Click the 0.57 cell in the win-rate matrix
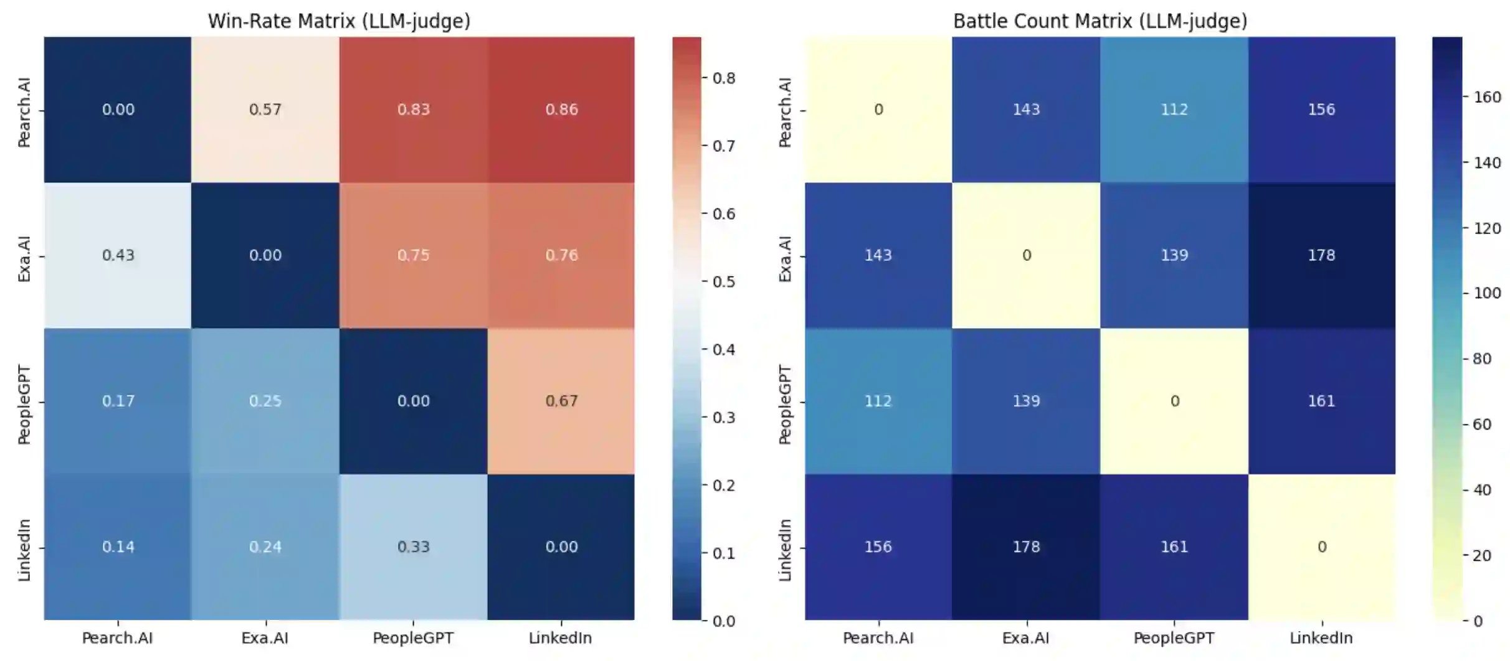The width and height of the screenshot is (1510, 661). (x=265, y=110)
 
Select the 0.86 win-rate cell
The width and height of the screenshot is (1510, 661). (x=561, y=110)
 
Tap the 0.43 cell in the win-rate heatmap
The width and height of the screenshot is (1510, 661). (x=118, y=255)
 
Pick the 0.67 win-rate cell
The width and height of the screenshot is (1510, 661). (x=561, y=401)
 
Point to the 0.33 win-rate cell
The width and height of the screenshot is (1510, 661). (x=413, y=546)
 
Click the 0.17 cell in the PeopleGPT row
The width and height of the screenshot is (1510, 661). (x=118, y=401)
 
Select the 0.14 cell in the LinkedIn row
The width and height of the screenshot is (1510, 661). (x=118, y=546)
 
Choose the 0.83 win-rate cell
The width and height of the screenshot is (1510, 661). (x=413, y=110)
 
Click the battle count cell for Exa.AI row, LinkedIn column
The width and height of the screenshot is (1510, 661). (x=1321, y=255)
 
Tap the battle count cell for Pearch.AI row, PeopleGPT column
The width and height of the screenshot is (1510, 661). (x=1174, y=110)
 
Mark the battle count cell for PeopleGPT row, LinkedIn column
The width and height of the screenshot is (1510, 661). (x=1321, y=401)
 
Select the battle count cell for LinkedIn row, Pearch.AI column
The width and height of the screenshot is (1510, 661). (x=878, y=546)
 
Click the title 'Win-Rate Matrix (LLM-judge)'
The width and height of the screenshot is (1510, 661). (x=339, y=21)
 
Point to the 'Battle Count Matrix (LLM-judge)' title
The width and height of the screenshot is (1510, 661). (x=1100, y=21)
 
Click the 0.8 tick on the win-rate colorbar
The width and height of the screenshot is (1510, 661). (x=723, y=78)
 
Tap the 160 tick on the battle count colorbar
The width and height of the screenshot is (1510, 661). (x=1487, y=97)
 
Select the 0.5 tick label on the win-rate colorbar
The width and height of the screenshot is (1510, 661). (x=723, y=282)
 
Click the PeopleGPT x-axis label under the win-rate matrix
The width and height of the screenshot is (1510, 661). (x=413, y=638)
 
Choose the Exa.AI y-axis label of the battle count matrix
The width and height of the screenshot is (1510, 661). (x=785, y=258)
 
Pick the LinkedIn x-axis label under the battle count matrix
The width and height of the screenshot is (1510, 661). (x=1321, y=638)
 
